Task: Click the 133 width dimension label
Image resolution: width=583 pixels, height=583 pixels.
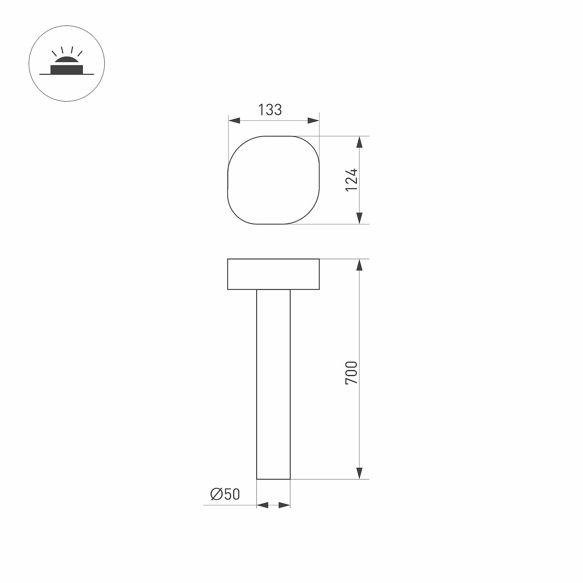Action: (x=270, y=110)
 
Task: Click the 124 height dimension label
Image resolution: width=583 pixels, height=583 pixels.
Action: (x=351, y=180)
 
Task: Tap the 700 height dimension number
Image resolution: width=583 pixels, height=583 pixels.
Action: (x=351, y=373)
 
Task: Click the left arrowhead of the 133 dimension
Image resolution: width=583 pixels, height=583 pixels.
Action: (x=234, y=121)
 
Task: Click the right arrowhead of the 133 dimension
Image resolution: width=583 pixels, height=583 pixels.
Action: (x=313, y=121)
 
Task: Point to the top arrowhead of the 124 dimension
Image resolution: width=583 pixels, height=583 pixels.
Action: (x=359, y=142)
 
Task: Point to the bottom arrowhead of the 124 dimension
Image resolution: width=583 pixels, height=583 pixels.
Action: (x=359, y=218)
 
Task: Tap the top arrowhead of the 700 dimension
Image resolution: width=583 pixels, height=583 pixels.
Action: (x=359, y=265)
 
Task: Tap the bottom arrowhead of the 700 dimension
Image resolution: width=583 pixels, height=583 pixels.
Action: (x=359, y=473)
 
